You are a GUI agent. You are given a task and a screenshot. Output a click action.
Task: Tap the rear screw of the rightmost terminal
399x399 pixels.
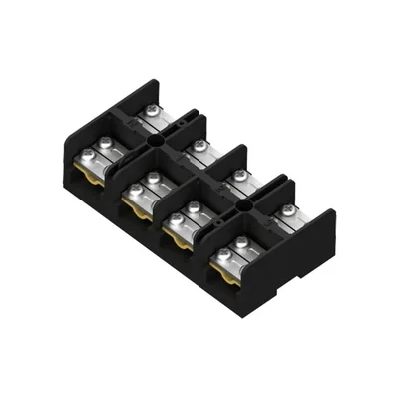(x=288, y=209)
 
